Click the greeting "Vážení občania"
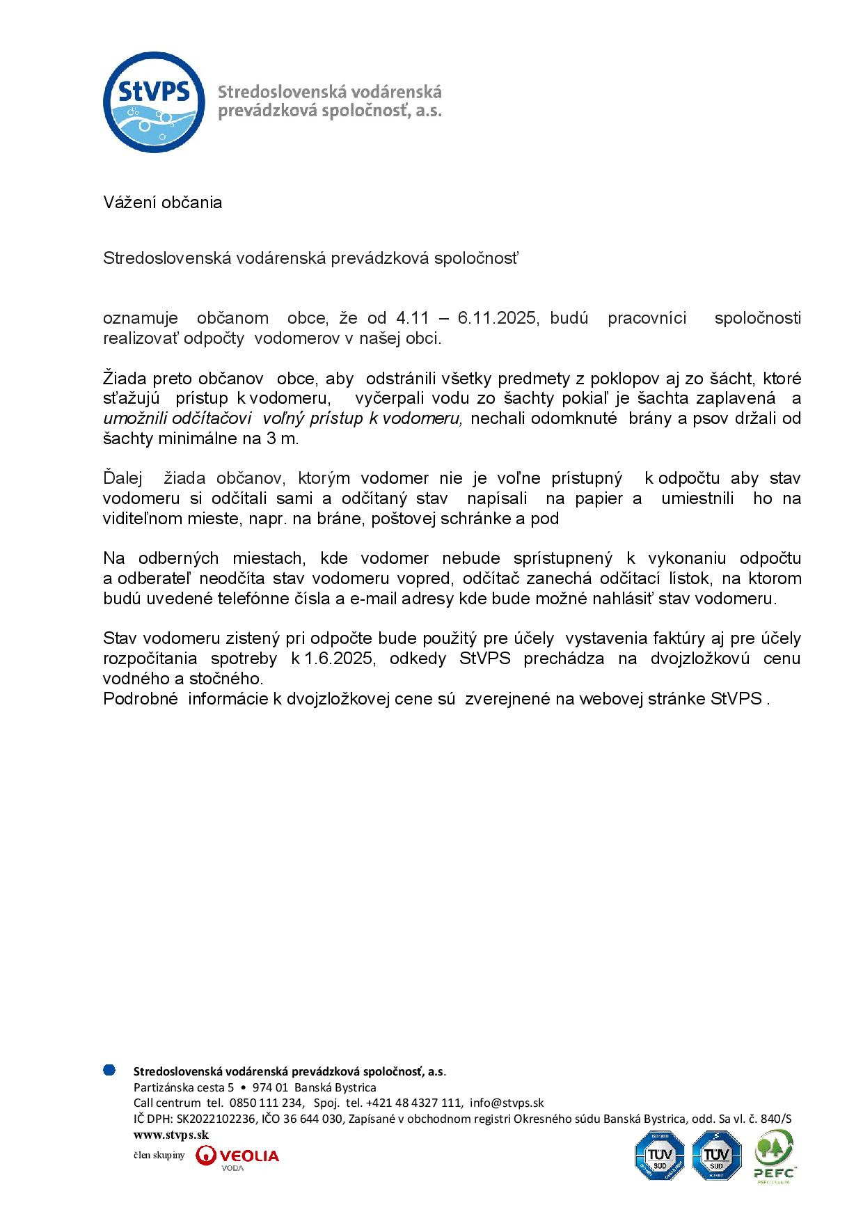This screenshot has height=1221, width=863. (x=163, y=203)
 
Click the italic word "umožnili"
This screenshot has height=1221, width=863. (x=132, y=419)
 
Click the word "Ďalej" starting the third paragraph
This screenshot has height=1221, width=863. (x=122, y=479)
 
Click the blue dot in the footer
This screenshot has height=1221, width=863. (x=109, y=1070)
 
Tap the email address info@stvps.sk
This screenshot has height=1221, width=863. (x=506, y=1103)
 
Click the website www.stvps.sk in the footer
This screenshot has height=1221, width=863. (x=171, y=1135)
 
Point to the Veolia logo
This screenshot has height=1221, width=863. (x=237, y=1156)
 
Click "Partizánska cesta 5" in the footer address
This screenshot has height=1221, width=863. (x=184, y=1087)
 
